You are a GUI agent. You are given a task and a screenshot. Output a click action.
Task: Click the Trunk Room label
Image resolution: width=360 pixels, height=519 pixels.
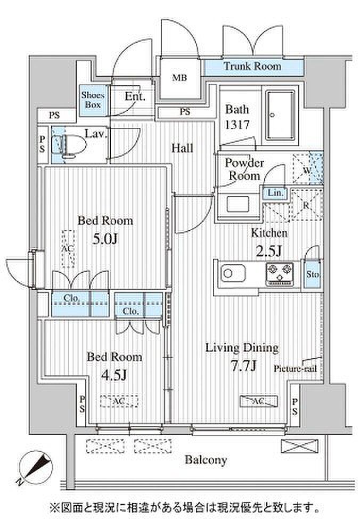point(252,66)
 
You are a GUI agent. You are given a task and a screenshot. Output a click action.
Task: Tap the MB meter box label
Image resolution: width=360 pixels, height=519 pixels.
point(179,78)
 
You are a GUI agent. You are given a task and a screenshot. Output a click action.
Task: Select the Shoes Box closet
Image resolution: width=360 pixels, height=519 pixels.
point(93,100)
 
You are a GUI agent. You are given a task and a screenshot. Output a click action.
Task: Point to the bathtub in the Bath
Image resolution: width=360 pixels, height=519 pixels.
point(280,115)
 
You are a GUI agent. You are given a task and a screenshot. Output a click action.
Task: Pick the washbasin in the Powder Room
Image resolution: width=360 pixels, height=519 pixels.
point(237,204)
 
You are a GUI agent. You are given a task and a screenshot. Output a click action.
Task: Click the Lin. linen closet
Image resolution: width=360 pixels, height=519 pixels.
point(275,193)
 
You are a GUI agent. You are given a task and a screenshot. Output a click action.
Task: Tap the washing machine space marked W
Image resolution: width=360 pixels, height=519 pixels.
point(307,169)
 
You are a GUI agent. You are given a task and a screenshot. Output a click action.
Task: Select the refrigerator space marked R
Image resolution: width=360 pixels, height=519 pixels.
point(306,205)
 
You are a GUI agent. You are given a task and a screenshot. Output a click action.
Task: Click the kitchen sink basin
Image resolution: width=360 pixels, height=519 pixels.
point(233,273)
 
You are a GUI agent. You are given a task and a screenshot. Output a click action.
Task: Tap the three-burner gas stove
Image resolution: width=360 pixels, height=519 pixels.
point(280,274)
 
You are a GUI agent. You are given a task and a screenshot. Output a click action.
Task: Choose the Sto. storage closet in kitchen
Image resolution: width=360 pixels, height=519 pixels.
point(313,274)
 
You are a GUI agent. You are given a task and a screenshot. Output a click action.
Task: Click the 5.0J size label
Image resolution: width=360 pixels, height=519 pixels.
point(105,238)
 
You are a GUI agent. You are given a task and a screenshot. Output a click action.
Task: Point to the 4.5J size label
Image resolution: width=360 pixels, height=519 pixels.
point(113,375)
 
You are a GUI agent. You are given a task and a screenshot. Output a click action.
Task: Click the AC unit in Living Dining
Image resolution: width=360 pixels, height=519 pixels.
point(259,401)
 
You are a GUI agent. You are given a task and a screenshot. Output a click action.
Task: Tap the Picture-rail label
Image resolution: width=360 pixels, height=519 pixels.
point(295,369)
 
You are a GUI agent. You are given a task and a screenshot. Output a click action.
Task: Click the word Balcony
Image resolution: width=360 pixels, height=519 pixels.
point(206,460)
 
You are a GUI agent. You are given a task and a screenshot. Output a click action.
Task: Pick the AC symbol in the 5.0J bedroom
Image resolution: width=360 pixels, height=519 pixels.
point(68,249)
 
